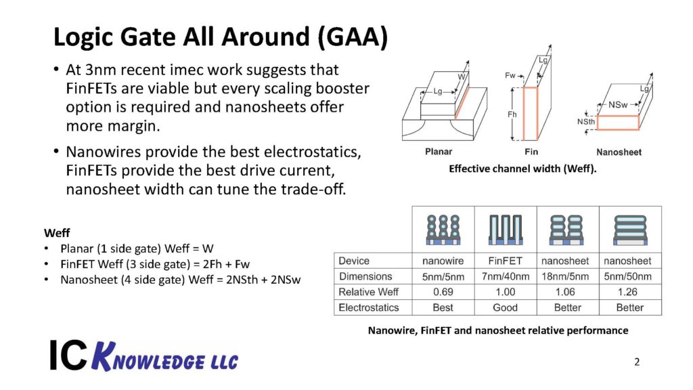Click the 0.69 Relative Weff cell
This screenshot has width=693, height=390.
pos(443,292)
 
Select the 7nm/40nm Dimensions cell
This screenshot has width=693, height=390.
pos(505,276)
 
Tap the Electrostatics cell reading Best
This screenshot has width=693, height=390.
pos(443,307)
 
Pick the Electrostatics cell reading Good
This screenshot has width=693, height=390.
pos(505,307)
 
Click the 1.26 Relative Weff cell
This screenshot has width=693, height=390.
pos(630,292)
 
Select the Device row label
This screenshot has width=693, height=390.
pos(354,261)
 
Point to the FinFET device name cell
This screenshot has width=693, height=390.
pos(505,261)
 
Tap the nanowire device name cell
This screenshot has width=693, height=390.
pos(443,261)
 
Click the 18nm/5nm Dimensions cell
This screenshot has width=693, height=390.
pos(567,276)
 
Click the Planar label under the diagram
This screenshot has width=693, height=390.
pos(439,152)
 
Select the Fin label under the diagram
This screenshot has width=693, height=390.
pos(531,152)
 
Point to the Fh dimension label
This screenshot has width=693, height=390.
pos(512,114)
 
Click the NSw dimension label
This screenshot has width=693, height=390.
pos(617,105)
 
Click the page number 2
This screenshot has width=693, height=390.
pos(637,362)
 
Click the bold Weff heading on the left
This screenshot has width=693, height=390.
pos(57,234)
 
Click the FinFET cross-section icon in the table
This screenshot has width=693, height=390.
pos(505,230)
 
